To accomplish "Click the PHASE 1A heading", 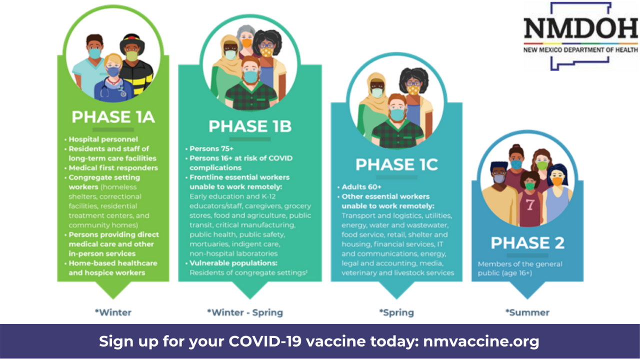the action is point(113,117).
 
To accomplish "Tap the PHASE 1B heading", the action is point(250,126).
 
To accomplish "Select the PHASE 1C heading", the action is point(396,164).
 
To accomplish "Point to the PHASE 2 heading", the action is point(527,243).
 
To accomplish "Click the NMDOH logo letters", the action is point(580,28).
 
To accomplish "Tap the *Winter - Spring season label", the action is point(245,312).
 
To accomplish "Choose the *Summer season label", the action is point(527,312).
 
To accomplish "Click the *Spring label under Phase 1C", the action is point(396,312).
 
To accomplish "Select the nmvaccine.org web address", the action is point(481,341).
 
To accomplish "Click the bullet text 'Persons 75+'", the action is point(211,148).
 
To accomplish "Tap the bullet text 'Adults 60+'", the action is point(361,187).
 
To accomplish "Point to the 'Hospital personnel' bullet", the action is point(103,139).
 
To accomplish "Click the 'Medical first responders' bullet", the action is point(113,167).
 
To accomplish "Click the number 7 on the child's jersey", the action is point(530,204).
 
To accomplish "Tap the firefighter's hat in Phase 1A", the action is point(132,43).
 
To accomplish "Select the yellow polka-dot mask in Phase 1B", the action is point(266,52).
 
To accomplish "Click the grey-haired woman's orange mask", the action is point(246,43).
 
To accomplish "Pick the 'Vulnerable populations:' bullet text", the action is point(233,263).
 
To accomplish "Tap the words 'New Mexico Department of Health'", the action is point(580,50).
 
